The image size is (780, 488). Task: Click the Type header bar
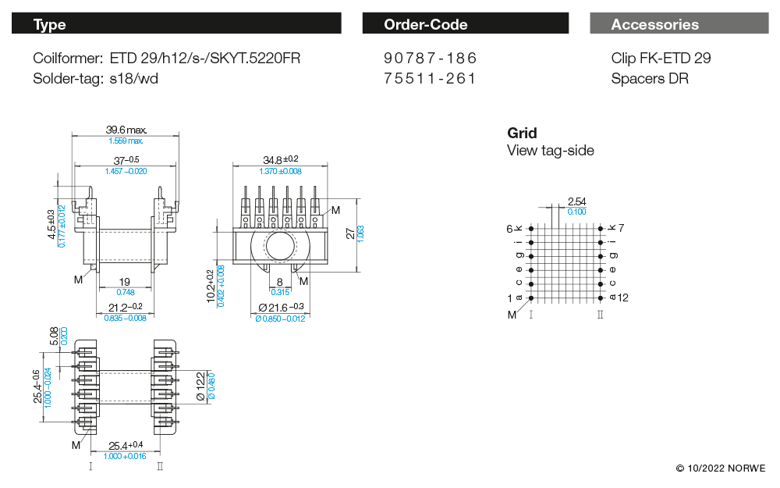[176, 24]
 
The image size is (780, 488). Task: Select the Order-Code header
[466, 24]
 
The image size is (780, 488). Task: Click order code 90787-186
[430, 59]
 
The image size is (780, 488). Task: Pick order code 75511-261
[430, 78]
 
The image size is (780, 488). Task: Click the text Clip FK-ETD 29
[661, 59]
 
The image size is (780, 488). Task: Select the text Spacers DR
[650, 78]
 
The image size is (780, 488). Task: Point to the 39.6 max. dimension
[126, 130]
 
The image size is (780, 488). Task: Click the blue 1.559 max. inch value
[126, 141]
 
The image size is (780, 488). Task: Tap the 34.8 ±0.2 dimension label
[280, 160]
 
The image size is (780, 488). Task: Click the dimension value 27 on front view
[350, 233]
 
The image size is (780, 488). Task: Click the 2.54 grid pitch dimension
[576, 202]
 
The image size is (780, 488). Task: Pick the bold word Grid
[522, 133]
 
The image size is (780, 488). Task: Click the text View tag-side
[550, 151]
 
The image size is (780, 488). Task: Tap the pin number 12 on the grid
[622, 297]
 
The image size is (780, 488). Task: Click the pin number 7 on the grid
[622, 228]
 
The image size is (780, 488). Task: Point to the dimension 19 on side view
[124, 282]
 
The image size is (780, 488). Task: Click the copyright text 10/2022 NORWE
[721, 468]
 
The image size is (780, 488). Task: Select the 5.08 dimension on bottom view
[54, 336]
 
